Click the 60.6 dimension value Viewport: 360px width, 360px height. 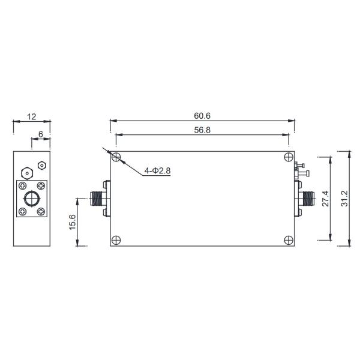(202, 116)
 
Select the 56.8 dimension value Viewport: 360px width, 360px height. (202, 130)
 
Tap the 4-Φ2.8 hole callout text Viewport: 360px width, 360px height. (157, 170)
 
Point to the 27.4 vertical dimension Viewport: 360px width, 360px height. (325, 199)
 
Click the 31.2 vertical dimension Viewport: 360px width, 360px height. (344, 199)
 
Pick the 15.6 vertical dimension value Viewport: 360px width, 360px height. (72, 222)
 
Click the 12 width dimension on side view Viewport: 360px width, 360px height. (32, 117)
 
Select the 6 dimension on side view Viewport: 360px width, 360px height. (41, 134)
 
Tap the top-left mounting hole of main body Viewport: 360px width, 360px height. (116, 157)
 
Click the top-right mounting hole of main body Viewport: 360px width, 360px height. (289, 157)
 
